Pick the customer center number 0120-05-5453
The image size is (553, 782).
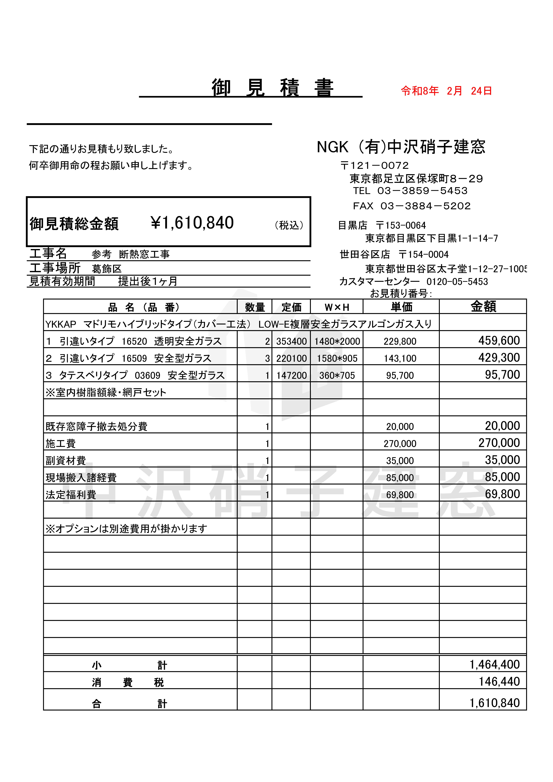coord(457,282)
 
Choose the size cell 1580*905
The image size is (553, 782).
coord(337,358)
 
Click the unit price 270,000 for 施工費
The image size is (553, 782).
coord(400,443)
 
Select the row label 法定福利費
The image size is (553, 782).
coord(71,495)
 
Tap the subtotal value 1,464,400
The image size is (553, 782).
coord(494,665)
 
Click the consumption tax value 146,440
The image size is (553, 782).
coord(499,681)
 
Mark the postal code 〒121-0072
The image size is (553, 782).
coord(374,165)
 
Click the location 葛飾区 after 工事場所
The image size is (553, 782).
coord(107,269)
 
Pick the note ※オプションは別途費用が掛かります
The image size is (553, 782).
coord(126,529)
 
